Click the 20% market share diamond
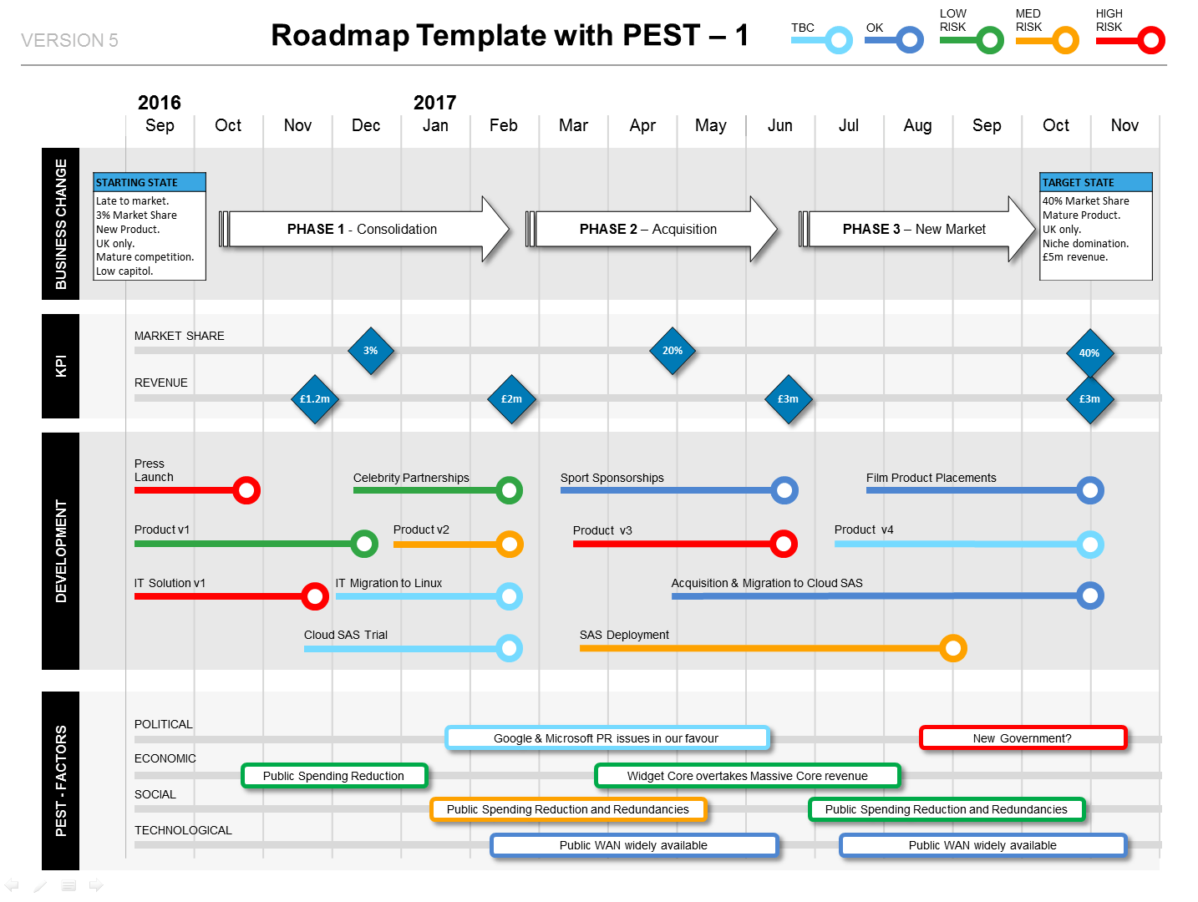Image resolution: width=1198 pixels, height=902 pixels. click(673, 351)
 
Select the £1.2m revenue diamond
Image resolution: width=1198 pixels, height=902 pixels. click(315, 399)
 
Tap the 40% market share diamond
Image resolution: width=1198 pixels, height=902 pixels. click(1089, 352)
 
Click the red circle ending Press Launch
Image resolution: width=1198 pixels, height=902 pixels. click(246, 490)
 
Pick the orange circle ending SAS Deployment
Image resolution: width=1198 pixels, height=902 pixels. click(953, 648)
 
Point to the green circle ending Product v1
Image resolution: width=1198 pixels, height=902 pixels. click(364, 544)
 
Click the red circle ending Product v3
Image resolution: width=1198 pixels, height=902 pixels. click(784, 544)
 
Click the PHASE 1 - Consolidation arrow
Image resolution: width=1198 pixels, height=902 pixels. click(363, 230)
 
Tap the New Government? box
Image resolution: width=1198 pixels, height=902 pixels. click(1023, 738)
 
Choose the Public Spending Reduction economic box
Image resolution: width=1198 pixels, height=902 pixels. click(334, 776)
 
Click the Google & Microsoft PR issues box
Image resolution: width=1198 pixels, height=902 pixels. click(607, 738)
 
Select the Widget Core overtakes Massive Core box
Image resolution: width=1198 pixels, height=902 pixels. click(748, 776)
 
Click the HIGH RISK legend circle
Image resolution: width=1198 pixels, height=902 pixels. click(1151, 40)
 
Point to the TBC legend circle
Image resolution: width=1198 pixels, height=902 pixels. click(839, 40)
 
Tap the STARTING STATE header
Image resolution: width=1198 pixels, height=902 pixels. click(150, 182)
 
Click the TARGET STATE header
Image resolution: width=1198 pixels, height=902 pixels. click(1095, 182)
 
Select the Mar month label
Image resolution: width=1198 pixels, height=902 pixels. click(573, 125)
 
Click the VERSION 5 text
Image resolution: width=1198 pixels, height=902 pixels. click(69, 40)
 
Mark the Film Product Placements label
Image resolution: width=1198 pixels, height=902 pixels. click(931, 478)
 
